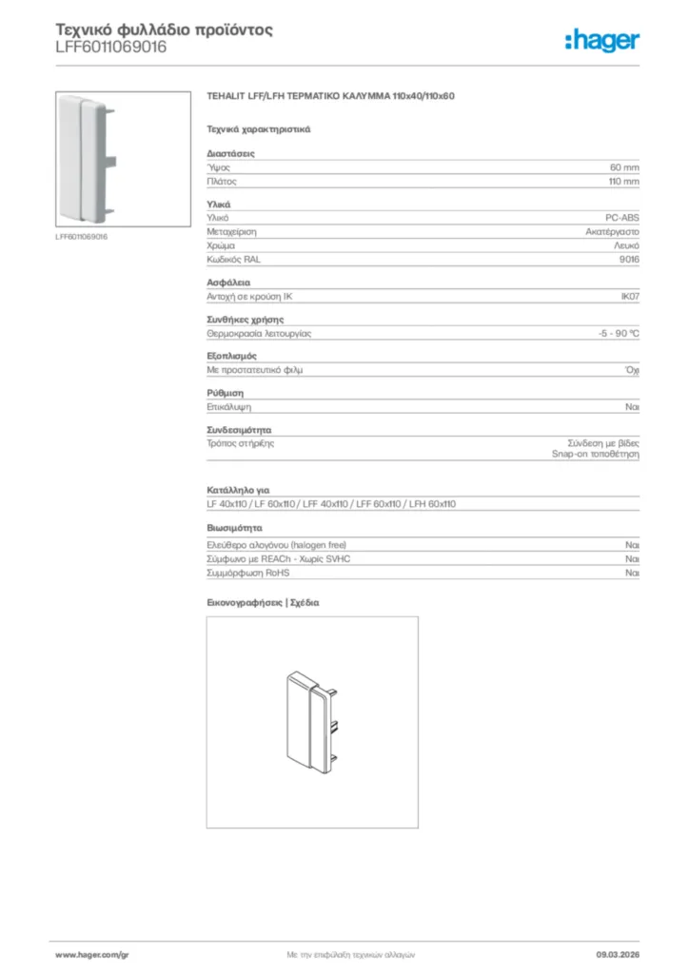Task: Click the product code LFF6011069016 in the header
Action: [112, 48]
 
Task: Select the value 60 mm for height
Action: [624, 166]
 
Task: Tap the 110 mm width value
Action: [623, 181]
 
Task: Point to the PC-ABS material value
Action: [622, 218]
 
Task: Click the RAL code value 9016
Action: [629, 259]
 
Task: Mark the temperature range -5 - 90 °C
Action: [612, 334]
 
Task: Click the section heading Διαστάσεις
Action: [230, 153]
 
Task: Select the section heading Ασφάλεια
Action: [228, 283]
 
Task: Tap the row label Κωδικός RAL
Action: [233, 259]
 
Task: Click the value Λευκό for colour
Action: [625, 245]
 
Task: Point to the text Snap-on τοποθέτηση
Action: [596, 455]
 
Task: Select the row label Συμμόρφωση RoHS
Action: [247, 574]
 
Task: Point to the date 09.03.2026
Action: [618, 953]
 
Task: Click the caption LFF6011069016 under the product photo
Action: [81, 237]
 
